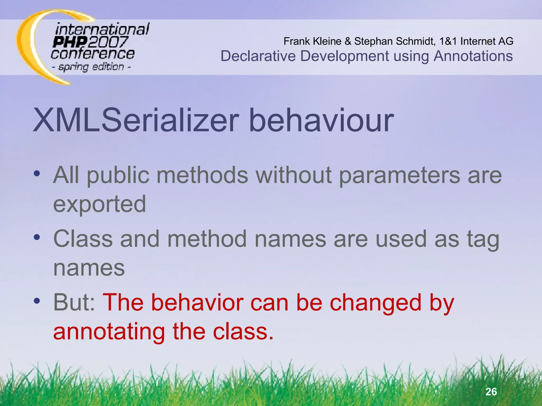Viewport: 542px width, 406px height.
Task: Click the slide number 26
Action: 491,392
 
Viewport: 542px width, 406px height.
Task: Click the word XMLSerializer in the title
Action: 136,121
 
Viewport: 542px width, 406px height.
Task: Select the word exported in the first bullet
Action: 100,204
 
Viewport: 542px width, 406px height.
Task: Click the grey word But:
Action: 74,303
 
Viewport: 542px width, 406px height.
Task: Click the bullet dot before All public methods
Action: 37,174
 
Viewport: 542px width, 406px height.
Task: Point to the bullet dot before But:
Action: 37,301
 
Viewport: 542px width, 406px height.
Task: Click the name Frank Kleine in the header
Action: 312,41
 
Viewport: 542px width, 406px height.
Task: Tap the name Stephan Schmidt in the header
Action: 395,41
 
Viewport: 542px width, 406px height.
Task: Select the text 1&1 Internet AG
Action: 476,41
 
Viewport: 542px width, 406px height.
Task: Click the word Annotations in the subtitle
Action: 473,56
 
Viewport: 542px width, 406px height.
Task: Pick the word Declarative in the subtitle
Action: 258,56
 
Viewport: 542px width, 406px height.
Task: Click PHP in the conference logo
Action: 70,42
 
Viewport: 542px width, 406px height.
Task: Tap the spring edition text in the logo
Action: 91,67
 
